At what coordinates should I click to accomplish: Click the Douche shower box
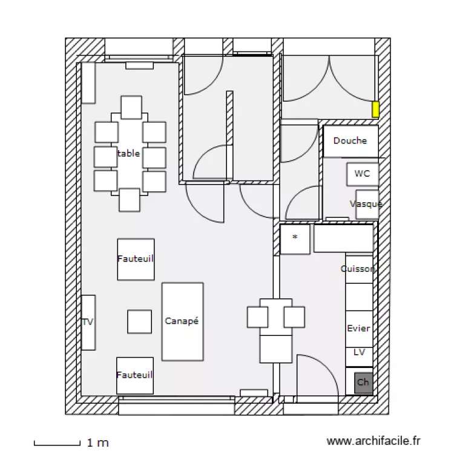(x=350, y=141)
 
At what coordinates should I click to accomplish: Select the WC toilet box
(x=362, y=174)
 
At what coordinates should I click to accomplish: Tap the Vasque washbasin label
(x=366, y=204)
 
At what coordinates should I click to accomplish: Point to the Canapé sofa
(x=182, y=321)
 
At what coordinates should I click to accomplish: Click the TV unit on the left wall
(x=88, y=322)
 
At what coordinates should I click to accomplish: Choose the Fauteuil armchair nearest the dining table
(x=135, y=258)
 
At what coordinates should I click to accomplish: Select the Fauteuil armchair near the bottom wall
(x=134, y=375)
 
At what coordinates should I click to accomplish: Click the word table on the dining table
(x=129, y=154)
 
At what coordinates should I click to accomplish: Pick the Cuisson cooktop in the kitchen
(x=358, y=269)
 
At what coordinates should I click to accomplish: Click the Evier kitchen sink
(x=358, y=328)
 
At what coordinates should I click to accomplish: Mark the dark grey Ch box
(x=363, y=383)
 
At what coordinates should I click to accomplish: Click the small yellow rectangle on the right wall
(x=375, y=110)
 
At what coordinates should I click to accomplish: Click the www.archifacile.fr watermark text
(x=373, y=442)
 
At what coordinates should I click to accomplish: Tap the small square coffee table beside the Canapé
(x=139, y=321)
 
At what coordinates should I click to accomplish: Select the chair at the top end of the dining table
(x=131, y=107)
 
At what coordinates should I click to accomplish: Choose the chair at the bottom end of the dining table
(x=130, y=200)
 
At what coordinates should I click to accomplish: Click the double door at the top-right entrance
(x=329, y=79)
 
